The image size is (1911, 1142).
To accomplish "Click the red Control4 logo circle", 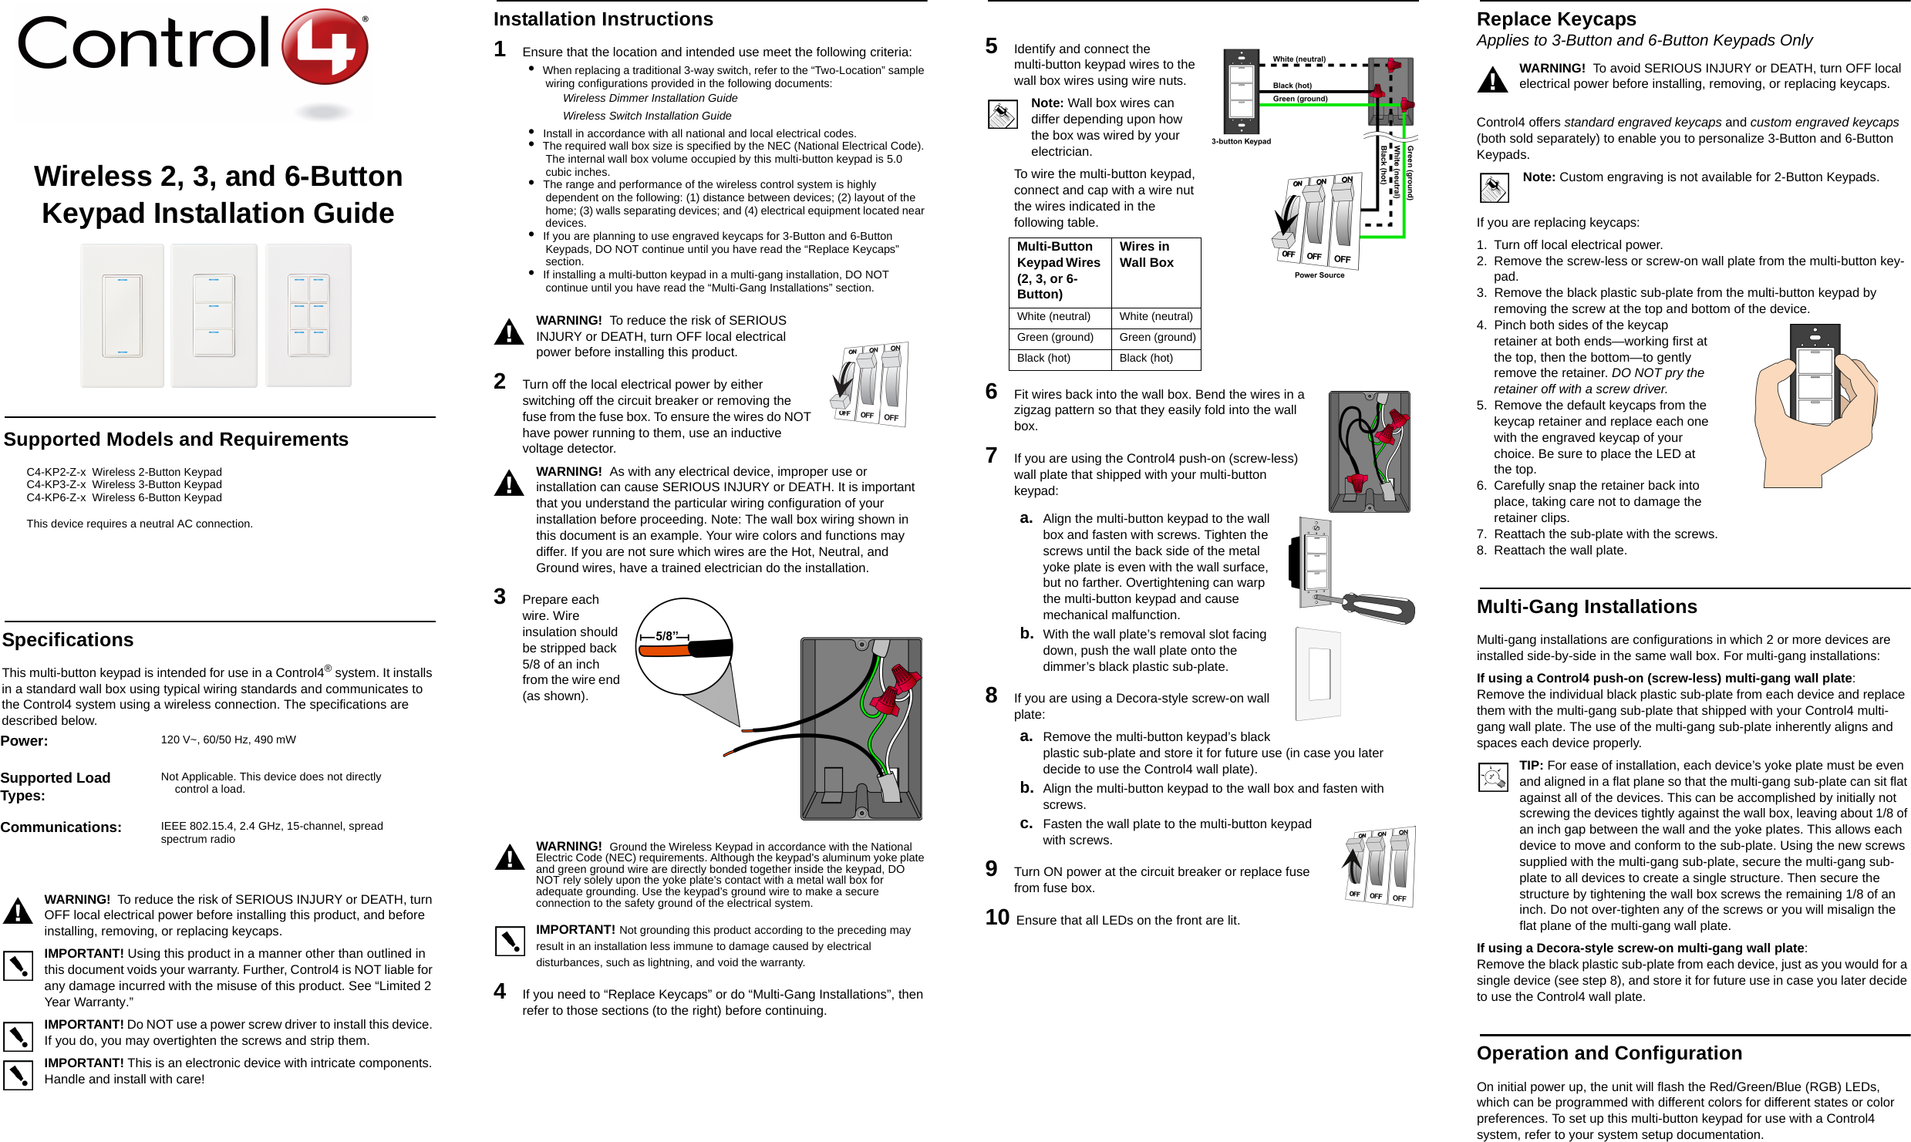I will [x=325, y=46].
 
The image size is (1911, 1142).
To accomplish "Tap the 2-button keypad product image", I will [x=123, y=315].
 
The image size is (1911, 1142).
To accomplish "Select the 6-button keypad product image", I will [x=308, y=315].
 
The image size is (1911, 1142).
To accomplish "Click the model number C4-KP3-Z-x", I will [x=56, y=484].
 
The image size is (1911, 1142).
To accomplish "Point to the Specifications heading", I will [x=68, y=640].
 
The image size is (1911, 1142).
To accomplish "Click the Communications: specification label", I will [x=61, y=827].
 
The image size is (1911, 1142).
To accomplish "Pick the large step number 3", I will [x=500, y=597].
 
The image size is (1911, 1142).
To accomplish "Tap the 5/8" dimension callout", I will [x=665, y=636].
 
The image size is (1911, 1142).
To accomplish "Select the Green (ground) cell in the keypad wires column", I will [x=1055, y=337].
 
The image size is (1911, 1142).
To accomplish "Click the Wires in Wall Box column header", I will [x=1146, y=254].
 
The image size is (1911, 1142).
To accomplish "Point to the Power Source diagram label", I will [x=1319, y=275].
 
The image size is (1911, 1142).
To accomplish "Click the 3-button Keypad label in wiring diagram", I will [x=1241, y=141].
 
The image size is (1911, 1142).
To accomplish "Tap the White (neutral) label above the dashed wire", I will [x=1299, y=59].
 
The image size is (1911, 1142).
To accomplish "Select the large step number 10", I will [x=997, y=918].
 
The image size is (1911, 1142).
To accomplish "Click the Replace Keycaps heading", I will [x=1556, y=19].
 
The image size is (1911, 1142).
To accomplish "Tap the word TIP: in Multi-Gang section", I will [x=1531, y=766].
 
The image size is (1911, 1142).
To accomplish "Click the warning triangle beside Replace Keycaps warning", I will [x=1492, y=79].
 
